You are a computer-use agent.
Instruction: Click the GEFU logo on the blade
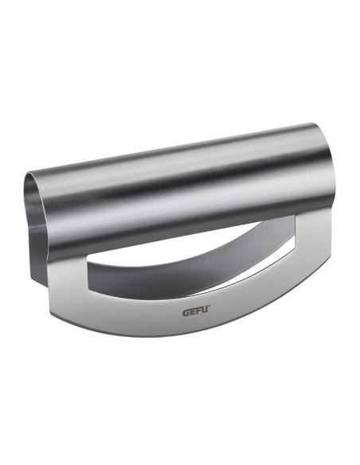tap(196, 312)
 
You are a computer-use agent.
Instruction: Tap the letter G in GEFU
tap(186, 313)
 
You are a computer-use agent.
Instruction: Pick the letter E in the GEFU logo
tap(192, 313)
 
